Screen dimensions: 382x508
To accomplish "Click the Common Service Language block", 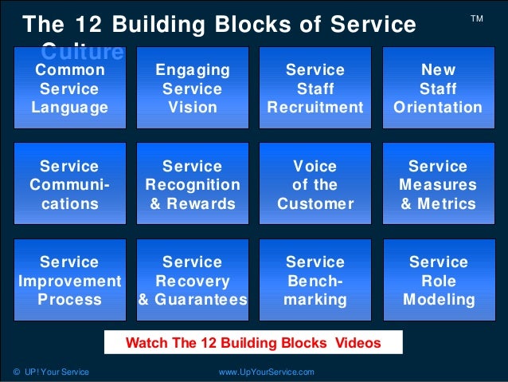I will coord(70,88).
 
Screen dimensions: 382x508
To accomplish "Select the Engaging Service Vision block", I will coord(192,88).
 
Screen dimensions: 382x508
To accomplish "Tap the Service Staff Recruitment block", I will coord(315,88).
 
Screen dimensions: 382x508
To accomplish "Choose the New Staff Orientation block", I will coord(438,88).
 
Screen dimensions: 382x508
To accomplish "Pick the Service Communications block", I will coord(70,184).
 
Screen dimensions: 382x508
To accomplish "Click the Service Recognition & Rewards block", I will coord(192,184).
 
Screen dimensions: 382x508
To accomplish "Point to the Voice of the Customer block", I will coord(315,184).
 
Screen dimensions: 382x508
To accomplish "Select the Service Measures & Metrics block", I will coord(438,184).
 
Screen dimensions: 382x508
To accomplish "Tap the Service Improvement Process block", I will coord(70,281).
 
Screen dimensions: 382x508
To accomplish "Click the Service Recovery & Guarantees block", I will coord(192,281).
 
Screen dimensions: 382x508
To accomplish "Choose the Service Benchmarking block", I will coord(315,281).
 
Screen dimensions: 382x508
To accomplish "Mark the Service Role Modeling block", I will coord(438,281).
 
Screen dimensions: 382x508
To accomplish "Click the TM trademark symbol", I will coord(477,17).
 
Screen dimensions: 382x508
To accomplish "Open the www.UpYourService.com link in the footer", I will coord(266,372).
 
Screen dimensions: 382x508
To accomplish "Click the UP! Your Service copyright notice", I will coord(51,372).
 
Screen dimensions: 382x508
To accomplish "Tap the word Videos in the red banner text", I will coord(357,344).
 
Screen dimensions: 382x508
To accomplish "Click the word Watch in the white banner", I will coord(146,344).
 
